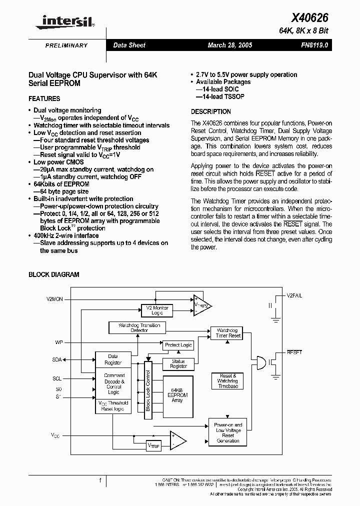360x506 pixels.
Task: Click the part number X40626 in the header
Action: pyautogui.click(x=310, y=17)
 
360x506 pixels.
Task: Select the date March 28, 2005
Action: pyautogui.click(x=230, y=45)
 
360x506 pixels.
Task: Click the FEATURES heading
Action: pyautogui.click(x=44, y=98)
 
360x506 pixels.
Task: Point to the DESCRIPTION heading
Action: pyautogui.click(x=210, y=111)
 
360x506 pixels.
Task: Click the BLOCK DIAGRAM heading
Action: pyautogui.click(x=54, y=274)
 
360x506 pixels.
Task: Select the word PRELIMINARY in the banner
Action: pyautogui.click(x=66, y=45)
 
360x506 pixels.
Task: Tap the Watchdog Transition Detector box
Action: pyautogui.click(x=139, y=328)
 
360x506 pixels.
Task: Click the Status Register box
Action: pyautogui.click(x=178, y=364)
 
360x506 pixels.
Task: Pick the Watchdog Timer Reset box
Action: pyautogui.click(x=228, y=333)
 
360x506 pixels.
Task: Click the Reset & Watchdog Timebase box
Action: pyautogui.click(x=228, y=381)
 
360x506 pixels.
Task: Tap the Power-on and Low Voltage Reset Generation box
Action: pyautogui.click(x=228, y=432)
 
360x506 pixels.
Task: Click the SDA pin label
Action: pyautogui.click(x=57, y=359)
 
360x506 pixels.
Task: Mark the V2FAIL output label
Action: pyautogui.click(x=294, y=296)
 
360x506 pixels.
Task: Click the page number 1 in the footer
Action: pyautogui.click(x=100, y=481)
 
